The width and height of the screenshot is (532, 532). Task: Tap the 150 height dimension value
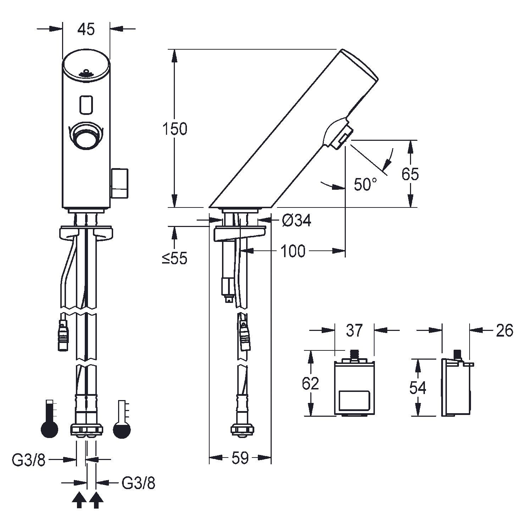click(174, 129)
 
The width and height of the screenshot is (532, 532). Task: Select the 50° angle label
click(365, 184)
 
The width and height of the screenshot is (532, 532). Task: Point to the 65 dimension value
click(410, 174)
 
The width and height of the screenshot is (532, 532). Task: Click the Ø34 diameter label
click(297, 221)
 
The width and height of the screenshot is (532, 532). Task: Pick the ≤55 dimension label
click(174, 259)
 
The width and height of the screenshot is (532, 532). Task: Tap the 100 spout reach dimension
click(293, 251)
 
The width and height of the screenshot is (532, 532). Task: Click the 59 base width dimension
click(240, 458)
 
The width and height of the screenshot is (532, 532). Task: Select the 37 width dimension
click(354, 330)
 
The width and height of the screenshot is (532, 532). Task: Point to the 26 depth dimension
click(505, 330)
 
